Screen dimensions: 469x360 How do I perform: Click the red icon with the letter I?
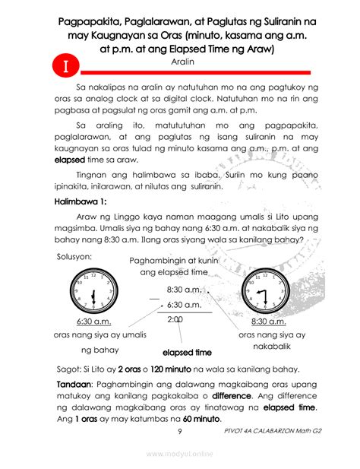coord(66,65)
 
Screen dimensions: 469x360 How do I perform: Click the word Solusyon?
coord(75,257)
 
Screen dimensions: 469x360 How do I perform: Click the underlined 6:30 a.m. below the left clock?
coord(95,322)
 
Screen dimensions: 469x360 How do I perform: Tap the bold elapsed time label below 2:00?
coord(187,353)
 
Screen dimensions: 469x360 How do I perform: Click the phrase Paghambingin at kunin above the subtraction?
coord(173,261)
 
